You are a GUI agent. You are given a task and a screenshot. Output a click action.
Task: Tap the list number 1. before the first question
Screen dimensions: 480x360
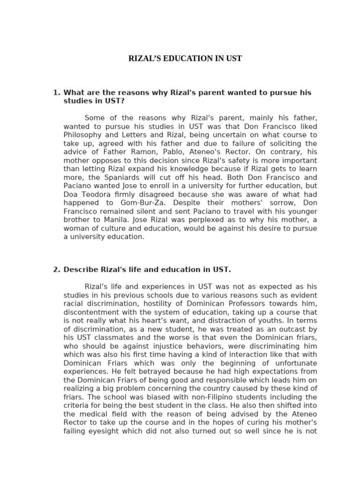point(57,92)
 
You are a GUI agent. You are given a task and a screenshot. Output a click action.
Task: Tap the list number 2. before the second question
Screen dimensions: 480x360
point(57,270)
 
